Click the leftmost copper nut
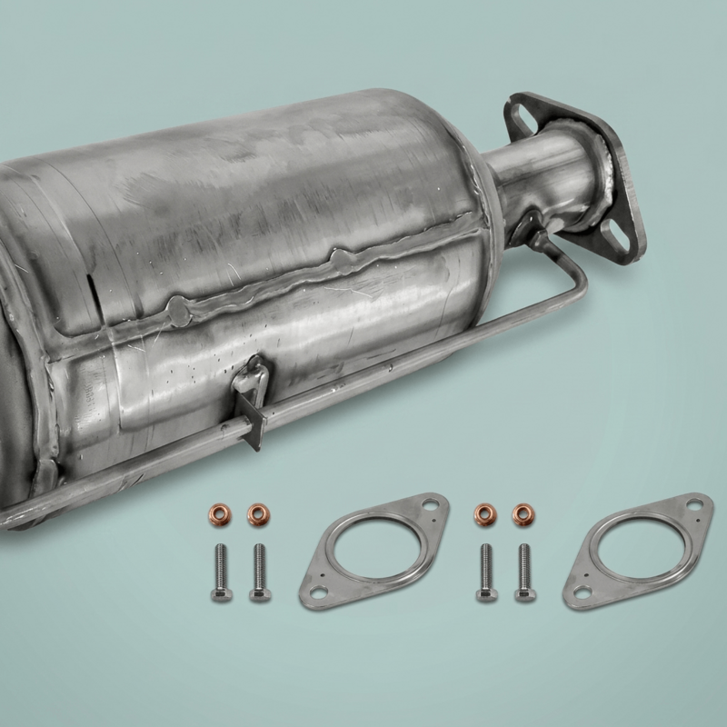pyautogui.click(x=220, y=513)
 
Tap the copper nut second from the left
pyautogui.click(x=258, y=513)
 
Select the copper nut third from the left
pyautogui.click(x=483, y=513)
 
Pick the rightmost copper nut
pyautogui.click(x=521, y=513)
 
